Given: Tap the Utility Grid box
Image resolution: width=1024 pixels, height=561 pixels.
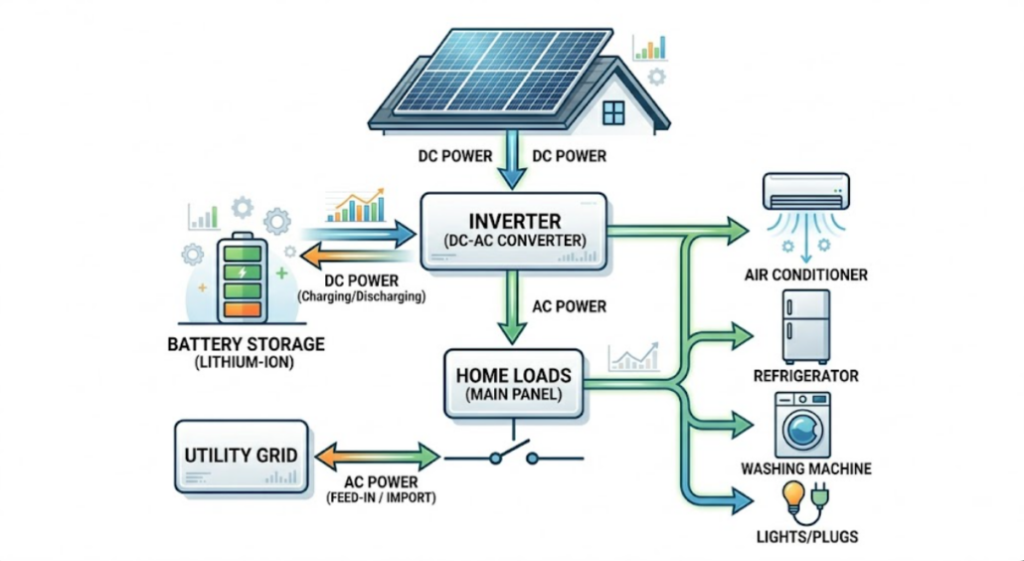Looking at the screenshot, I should coord(241,457).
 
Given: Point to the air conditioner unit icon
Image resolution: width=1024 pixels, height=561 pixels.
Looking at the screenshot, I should coord(805,191).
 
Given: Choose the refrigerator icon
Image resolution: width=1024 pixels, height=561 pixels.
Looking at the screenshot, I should coord(804,326).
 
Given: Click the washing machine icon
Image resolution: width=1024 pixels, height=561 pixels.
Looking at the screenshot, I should coord(805,423).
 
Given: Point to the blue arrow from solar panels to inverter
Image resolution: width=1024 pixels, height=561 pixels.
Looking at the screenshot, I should coord(512,161).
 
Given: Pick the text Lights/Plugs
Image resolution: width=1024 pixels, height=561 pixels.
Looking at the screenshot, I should coord(805,537).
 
